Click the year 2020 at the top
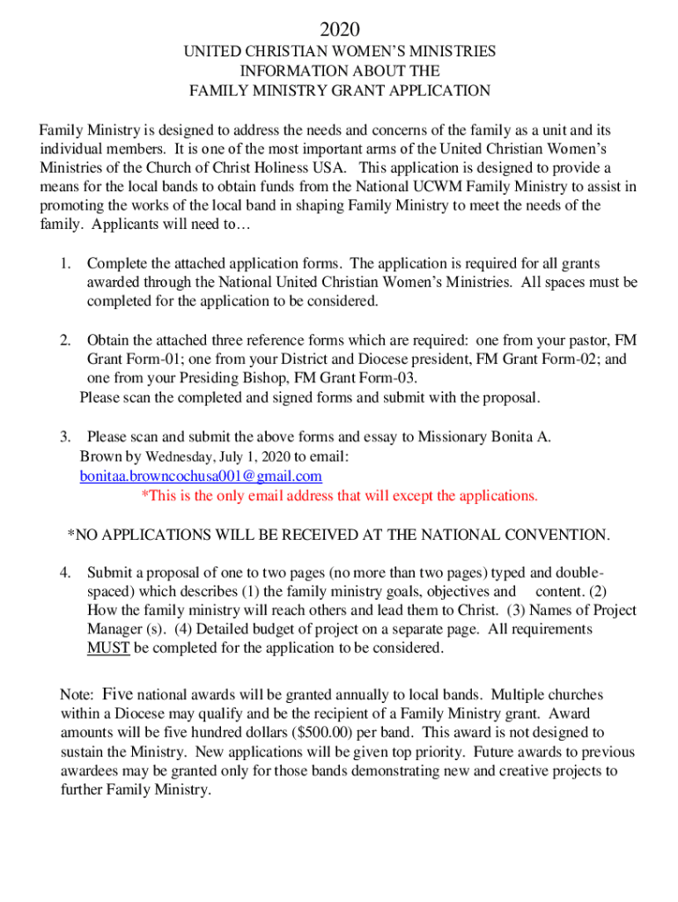(339, 31)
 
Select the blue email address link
(201, 476)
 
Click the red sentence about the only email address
(339, 495)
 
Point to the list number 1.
(64, 263)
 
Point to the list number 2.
(64, 340)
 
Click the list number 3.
(64, 437)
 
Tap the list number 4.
(64, 572)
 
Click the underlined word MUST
(108, 648)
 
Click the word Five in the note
(117, 694)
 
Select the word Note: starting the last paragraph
(76, 695)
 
